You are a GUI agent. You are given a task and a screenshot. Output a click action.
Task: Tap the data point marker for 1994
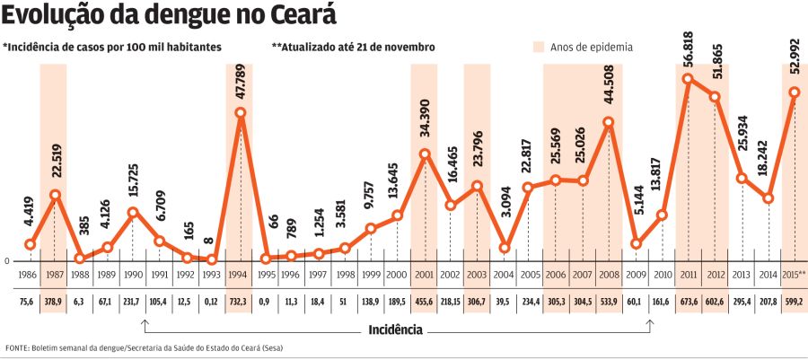point(241,113)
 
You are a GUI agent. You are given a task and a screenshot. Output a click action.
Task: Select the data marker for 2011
point(688,79)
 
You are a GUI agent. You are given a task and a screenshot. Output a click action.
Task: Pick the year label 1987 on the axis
point(54,273)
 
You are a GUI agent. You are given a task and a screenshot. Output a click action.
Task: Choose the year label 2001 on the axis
point(424,273)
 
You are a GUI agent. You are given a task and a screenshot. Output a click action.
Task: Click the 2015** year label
point(794,273)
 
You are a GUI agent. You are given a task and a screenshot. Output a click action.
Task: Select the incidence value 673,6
point(688,303)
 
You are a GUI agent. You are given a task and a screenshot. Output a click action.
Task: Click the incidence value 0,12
point(212,303)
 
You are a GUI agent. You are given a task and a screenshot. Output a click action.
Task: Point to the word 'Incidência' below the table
point(395,329)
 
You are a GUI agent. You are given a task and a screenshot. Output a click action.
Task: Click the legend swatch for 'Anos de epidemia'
point(539,47)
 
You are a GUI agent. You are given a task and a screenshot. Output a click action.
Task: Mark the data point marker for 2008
point(609,123)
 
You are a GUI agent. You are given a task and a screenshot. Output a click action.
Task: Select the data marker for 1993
point(212,259)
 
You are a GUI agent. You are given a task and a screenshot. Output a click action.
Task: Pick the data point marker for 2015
point(794,92)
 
